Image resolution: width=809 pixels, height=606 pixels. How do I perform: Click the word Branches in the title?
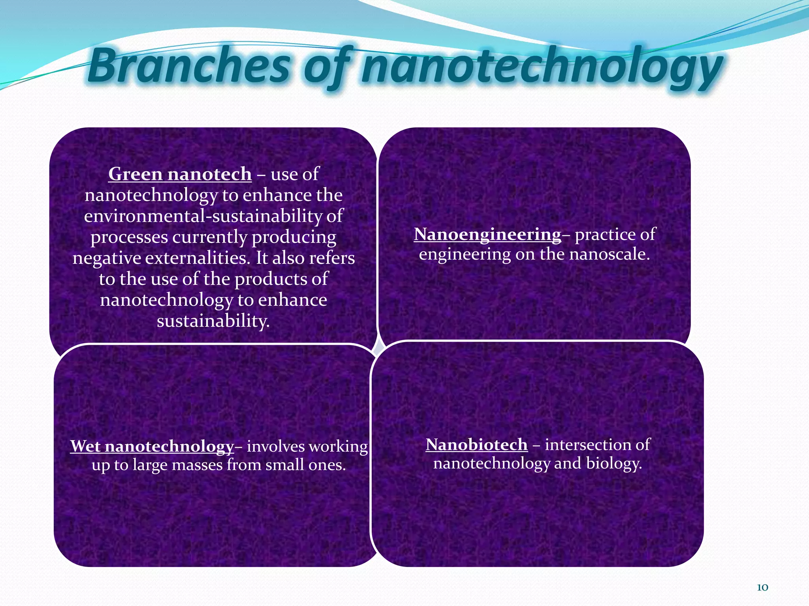click(189, 66)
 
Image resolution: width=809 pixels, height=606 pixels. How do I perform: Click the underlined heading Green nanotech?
click(180, 174)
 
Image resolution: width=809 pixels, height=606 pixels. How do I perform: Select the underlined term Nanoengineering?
click(487, 234)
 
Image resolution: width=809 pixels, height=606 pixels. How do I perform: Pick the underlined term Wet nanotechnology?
click(152, 446)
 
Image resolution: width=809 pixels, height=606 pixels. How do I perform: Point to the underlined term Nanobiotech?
click(476, 445)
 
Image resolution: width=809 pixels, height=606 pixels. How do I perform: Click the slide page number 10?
click(762, 587)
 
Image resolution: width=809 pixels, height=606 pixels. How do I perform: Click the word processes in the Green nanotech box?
click(129, 238)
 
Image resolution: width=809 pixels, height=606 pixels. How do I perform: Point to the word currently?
click(209, 238)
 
